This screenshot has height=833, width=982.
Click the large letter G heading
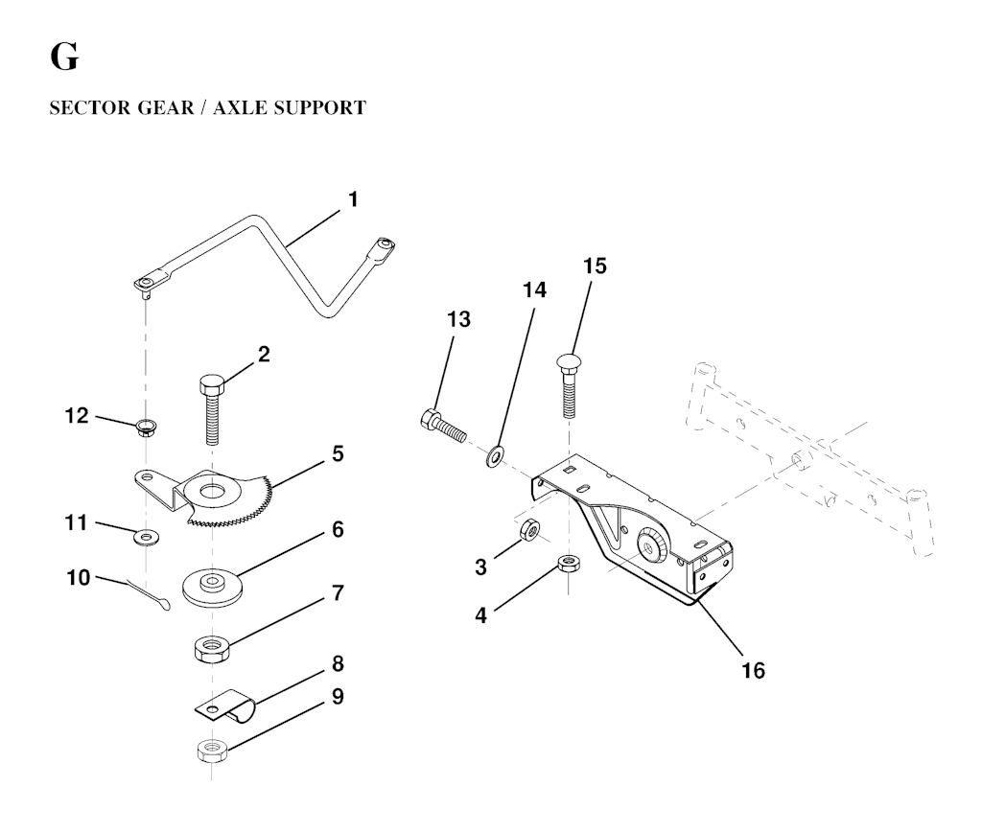(64, 58)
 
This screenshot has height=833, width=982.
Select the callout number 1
(353, 199)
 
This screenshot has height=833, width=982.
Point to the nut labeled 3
(528, 530)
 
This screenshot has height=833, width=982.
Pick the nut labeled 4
(568, 563)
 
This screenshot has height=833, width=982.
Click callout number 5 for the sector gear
(338, 452)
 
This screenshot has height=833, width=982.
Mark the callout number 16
(753, 669)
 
